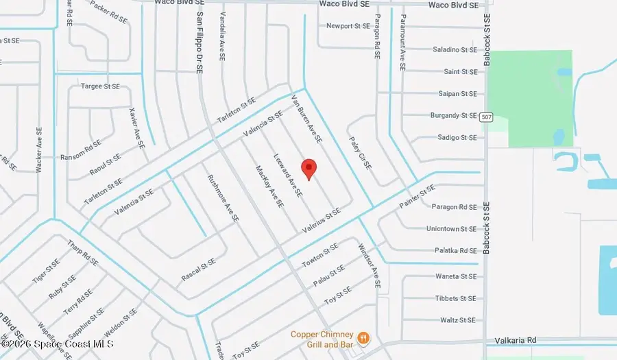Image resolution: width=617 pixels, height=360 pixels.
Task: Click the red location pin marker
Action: [308, 168]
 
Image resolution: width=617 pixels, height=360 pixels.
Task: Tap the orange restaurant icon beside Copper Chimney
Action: [364, 338]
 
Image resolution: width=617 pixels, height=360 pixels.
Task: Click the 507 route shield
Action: [486, 116]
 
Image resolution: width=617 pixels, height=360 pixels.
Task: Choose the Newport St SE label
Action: [348, 26]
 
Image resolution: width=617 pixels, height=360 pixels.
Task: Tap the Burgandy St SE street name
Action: [452, 116]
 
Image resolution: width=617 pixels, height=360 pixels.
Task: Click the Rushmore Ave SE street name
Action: [223, 197]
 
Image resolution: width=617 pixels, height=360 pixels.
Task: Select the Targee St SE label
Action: [101, 86]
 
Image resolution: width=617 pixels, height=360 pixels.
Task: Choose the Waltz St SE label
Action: [458, 320]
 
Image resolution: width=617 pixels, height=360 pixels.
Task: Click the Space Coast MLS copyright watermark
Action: [58, 344]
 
